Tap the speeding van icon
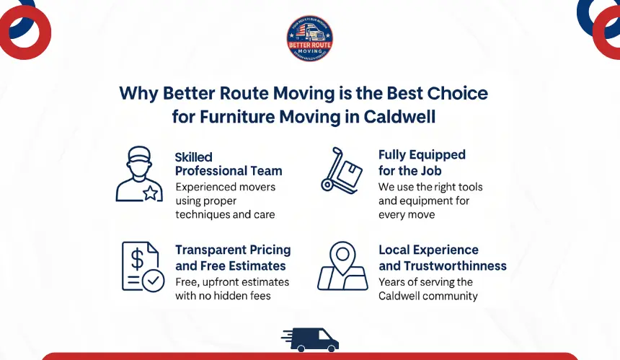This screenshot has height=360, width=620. click(x=310, y=339)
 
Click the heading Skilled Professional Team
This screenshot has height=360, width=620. click(x=228, y=164)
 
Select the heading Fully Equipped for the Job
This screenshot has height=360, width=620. click(x=422, y=162)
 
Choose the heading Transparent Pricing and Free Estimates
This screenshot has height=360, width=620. click(x=233, y=258)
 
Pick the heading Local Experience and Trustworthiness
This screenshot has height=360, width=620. click(x=442, y=258)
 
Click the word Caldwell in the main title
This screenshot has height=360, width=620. click(x=406, y=115)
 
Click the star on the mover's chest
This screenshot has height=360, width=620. click(x=150, y=192)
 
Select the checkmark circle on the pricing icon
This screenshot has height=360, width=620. click(x=153, y=281)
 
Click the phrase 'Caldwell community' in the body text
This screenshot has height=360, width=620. click(x=428, y=296)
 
